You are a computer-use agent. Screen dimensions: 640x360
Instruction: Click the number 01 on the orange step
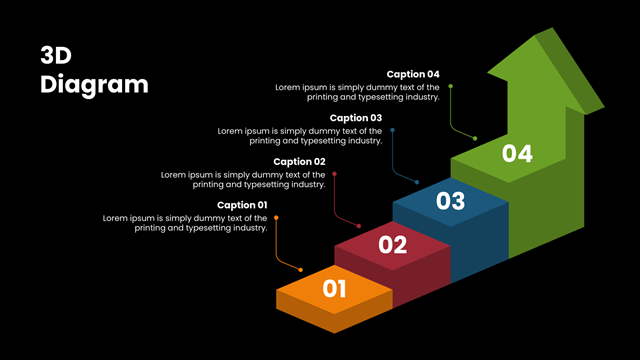tap(334, 289)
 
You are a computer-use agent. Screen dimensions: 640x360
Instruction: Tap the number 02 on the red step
tap(393, 245)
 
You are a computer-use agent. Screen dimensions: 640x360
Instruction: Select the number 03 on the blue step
tap(451, 201)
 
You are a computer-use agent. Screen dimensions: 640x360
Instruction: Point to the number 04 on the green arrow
tap(517, 154)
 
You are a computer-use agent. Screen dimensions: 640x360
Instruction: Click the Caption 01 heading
tap(242, 205)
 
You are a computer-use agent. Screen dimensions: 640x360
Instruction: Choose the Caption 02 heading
tap(300, 162)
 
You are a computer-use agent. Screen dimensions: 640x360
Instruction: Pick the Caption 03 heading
tap(356, 118)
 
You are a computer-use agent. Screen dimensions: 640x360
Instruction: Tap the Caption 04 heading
tap(413, 74)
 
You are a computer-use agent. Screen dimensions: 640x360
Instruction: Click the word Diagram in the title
tap(94, 85)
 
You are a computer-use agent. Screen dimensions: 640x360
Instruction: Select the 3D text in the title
tap(56, 56)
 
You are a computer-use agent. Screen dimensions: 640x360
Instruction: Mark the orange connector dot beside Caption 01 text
tap(276, 218)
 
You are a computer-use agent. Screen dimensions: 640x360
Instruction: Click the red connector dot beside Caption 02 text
tap(334, 174)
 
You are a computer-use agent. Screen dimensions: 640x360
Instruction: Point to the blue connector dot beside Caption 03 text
tap(392, 130)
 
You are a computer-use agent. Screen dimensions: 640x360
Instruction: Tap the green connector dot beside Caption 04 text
tap(451, 86)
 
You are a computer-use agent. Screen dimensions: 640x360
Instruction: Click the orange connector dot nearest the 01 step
tap(301, 270)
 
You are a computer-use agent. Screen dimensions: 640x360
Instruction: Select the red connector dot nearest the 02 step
tap(359, 226)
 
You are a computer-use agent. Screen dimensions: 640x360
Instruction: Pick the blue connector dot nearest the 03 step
tap(417, 182)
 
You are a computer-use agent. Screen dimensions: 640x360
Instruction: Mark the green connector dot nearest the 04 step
tap(475, 138)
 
